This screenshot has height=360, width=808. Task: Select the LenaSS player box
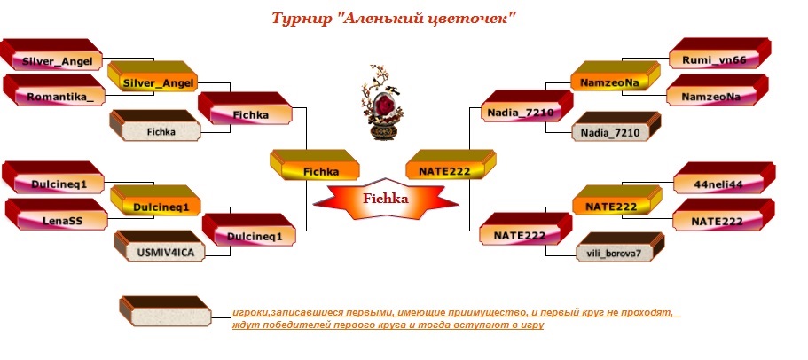(x=57, y=215)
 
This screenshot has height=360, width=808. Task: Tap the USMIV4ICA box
(x=161, y=247)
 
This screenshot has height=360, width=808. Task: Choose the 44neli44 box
(x=724, y=178)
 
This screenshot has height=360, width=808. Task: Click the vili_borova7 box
(x=621, y=247)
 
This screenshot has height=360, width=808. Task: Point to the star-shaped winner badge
(x=386, y=200)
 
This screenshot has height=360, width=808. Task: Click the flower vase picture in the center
(x=380, y=103)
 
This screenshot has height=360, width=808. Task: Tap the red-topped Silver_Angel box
(x=51, y=55)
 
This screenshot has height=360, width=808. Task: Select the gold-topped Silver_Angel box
(x=153, y=77)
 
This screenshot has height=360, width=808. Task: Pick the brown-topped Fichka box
(x=155, y=126)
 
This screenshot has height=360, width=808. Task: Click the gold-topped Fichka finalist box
(x=314, y=165)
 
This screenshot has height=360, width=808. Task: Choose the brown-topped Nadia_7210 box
(x=616, y=127)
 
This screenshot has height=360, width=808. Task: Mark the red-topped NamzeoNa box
(x=718, y=90)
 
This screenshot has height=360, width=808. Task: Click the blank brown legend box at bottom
(x=165, y=311)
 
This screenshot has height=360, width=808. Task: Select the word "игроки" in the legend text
(x=249, y=313)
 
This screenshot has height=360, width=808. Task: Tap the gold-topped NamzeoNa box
(x=616, y=77)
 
